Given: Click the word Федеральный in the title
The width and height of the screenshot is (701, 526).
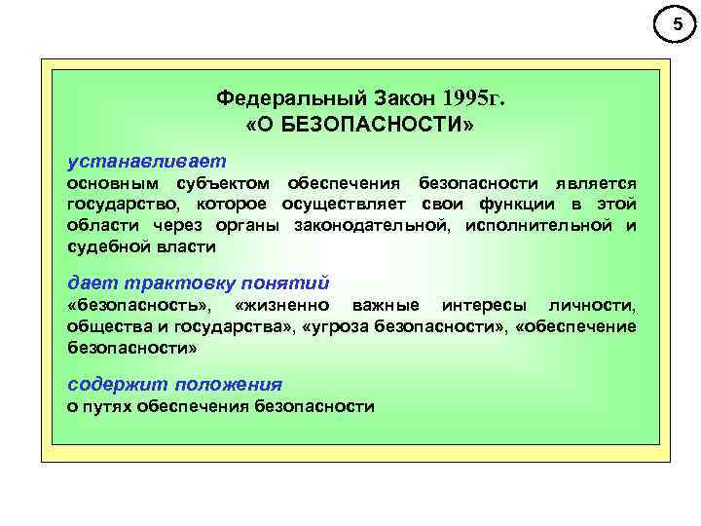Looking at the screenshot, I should tap(277, 99).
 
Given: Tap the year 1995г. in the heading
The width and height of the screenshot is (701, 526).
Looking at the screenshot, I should tap(474, 99).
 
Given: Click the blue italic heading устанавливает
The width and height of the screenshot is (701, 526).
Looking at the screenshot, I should tap(145, 158).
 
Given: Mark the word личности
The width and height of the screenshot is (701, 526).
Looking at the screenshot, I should tap(595, 306).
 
